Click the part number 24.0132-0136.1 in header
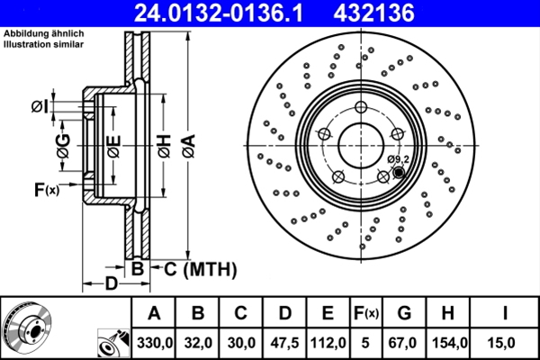pyautogui.click(x=231, y=13)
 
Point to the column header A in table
pyautogui.click(x=154, y=313)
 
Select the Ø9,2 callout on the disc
pyautogui.click(x=398, y=159)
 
